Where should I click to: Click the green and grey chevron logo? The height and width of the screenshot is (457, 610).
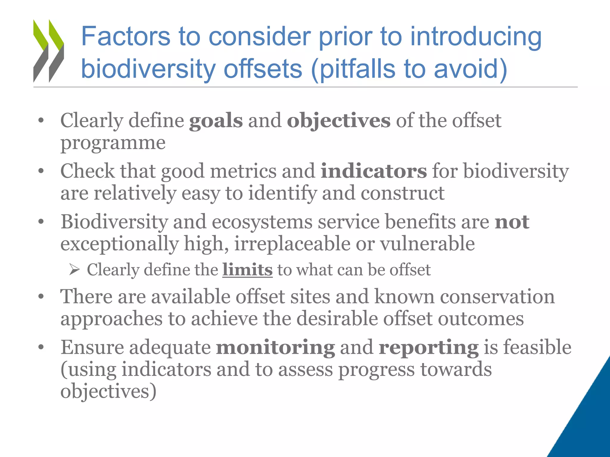click(49, 51)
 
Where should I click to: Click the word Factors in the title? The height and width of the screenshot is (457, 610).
click(125, 37)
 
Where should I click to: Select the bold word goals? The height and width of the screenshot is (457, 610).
click(216, 121)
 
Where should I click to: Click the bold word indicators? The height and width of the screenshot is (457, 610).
click(374, 172)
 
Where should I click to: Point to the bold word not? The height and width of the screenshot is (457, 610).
click(512, 222)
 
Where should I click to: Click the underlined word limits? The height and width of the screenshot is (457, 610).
click(247, 270)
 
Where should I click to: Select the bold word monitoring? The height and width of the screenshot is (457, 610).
click(275, 348)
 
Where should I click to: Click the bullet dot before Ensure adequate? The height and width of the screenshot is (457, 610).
click(41, 348)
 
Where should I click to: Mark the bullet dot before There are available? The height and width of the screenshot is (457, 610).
click(41, 297)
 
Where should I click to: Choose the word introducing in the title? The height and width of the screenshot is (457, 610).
click(476, 37)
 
